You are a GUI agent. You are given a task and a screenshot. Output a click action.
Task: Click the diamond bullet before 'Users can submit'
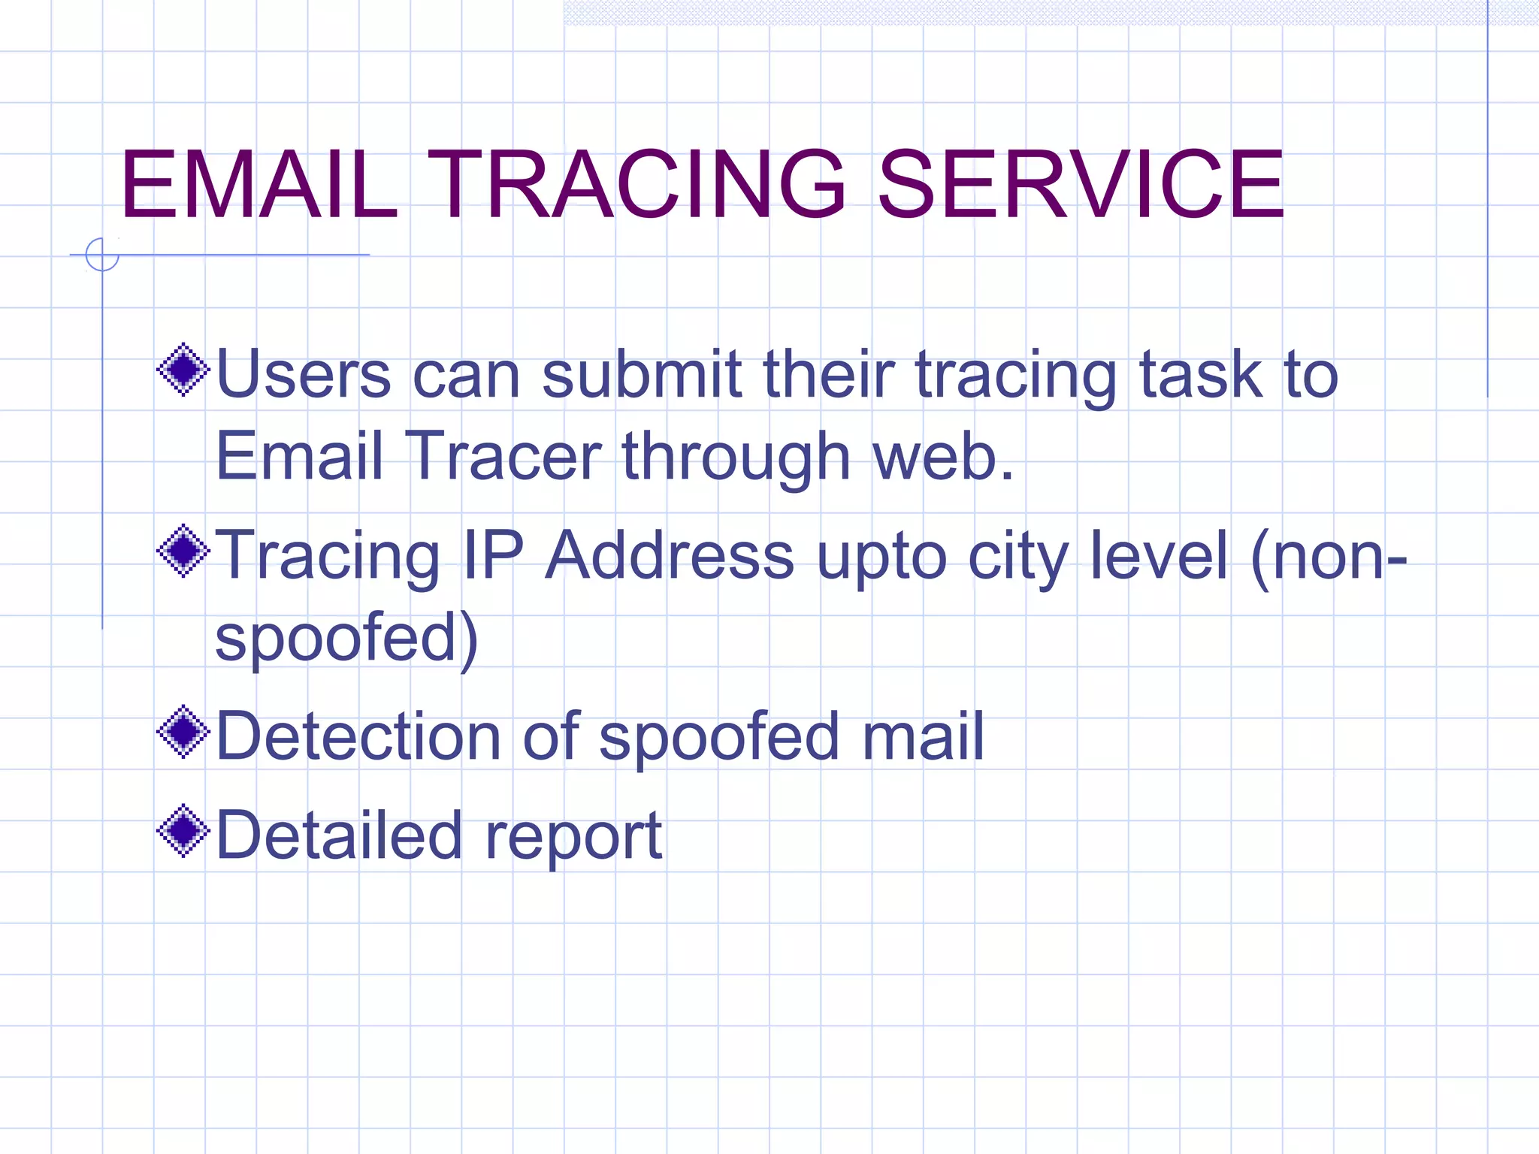(x=183, y=370)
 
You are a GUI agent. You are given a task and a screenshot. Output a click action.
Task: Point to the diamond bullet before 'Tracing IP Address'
(x=183, y=551)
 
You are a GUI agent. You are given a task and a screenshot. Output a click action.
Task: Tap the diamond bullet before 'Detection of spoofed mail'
(x=183, y=732)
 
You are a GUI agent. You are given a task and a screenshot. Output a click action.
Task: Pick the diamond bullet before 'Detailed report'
(x=183, y=831)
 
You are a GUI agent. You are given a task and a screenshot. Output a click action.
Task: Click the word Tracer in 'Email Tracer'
(x=503, y=456)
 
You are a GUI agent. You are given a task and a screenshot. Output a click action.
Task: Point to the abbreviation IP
(x=493, y=556)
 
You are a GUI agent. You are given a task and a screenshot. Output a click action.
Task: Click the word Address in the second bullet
(x=670, y=556)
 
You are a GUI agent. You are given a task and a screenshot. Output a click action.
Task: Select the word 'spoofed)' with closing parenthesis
(x=346, y=639)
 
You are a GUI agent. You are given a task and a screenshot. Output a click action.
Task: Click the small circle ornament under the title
(x=102, y=255)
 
